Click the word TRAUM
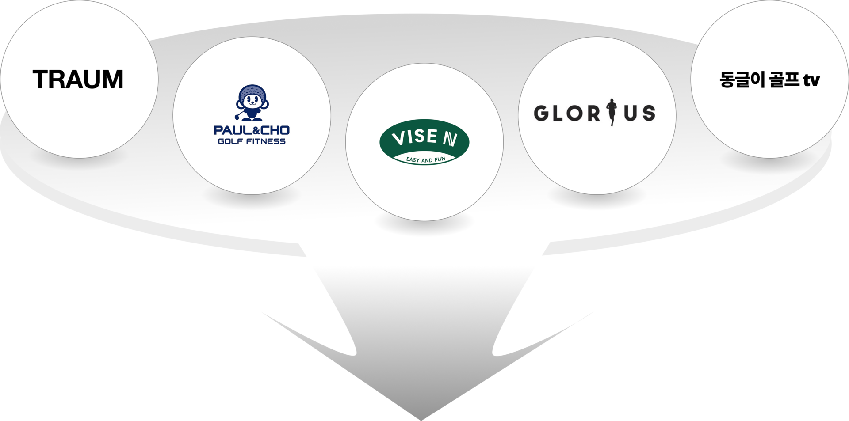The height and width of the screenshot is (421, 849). (x=78, y=80)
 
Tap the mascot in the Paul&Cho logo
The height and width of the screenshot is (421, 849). (x=252, y=103)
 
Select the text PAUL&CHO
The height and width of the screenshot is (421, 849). (x=252, y=130)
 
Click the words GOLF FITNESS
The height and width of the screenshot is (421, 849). (x=252, y=141)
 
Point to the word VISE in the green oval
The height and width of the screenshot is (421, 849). (x=414, y=137)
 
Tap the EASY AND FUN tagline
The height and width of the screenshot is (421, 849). (x=425, y=159)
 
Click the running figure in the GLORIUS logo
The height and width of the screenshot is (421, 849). (x=612, y=112)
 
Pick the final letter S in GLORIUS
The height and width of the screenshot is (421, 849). (x=648, y=114)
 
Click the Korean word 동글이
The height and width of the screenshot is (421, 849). (x=742, y=80)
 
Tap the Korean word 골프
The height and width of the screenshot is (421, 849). (x=784, y=80)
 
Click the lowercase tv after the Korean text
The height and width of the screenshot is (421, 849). (x=812, y=80)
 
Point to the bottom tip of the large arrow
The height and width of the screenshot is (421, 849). (x=421, y=417)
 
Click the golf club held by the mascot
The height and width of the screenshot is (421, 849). (x=239, y=116)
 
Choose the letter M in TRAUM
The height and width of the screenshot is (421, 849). (x=112, y=80)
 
